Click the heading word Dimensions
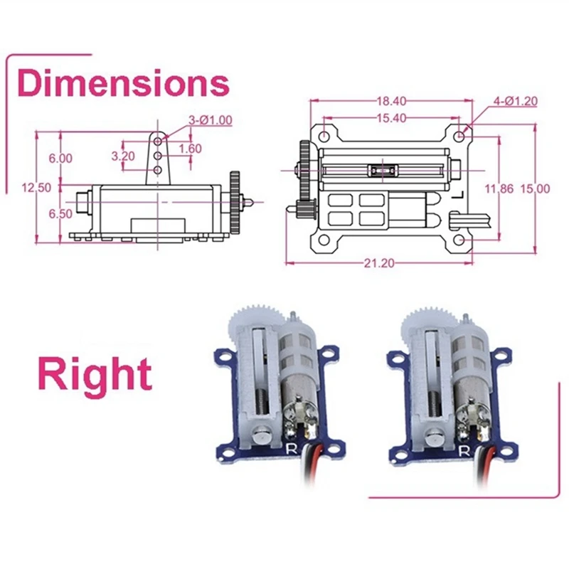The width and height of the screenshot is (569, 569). [x=123, y=84]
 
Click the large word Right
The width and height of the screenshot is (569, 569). [x=95, y=375]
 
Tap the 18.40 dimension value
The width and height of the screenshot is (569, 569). [x=392, y=101]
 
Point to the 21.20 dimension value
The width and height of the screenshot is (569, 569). [x=379, y=263]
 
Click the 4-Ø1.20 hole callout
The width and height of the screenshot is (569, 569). [x=515, y=101]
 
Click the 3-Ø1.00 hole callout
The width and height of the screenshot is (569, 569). [x=211, y=119]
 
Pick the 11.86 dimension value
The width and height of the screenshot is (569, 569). [x=499, y=188]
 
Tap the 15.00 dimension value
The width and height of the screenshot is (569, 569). [x=536, y=188]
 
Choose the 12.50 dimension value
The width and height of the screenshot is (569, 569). [x=36, y=188]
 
